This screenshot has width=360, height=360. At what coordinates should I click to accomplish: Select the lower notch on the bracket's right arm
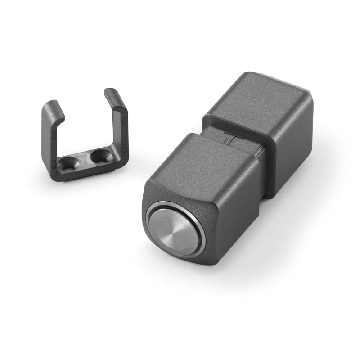click(x=126, y=148)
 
